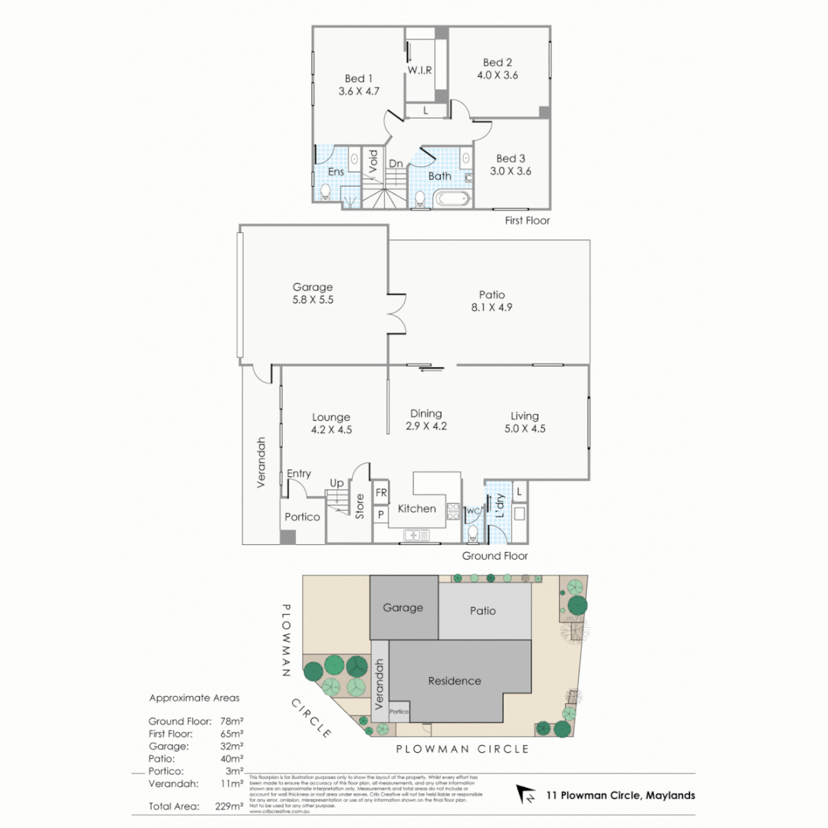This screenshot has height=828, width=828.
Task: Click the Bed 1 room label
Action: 359,84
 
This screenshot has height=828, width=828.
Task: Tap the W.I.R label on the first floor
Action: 419,70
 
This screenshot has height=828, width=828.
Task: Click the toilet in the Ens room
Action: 325,191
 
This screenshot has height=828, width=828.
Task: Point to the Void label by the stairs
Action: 373,161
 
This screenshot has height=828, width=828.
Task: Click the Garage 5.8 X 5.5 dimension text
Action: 312,301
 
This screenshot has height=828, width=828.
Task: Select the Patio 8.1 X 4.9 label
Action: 491,301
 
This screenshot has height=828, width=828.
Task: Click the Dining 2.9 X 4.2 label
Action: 426,420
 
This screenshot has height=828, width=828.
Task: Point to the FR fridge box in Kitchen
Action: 380,493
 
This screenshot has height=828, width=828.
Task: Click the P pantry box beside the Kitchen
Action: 380,514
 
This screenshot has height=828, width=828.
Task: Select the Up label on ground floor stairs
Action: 337,484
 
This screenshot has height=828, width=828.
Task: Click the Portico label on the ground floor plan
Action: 302,517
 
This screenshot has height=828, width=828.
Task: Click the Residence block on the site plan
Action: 455,681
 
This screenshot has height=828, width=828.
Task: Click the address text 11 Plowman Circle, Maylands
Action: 620,795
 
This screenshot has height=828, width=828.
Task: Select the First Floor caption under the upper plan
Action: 527,221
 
